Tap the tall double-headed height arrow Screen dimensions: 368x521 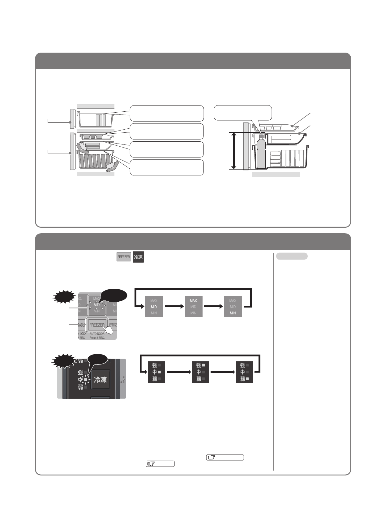pyautogui.click(x=233, y=150)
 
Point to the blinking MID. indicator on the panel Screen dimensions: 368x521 pyautogui.click(x=97, y=305)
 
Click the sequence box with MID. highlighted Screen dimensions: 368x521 pyautogui.click(x=154, y=307)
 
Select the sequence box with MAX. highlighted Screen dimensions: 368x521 pyautogui.click(x=194, y=307)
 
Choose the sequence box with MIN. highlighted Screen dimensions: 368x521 pyautogui.click(x=233, y=307)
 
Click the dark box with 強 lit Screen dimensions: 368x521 pyautogui.click(x=200, y=372)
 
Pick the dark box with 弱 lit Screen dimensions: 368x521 pyautogui.click(x=244, y=372)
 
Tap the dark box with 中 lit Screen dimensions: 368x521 pyautogui.click(x=156, y=372)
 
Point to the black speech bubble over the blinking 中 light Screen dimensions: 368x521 pyautogui.click(x=98, y=360)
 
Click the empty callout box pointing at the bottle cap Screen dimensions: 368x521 pyautogui.click(x=243, y=113)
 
